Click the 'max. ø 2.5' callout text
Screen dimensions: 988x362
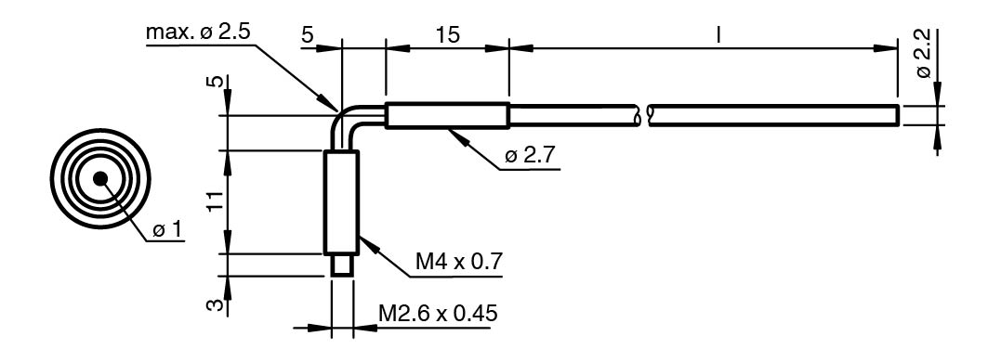[x=197, y=32]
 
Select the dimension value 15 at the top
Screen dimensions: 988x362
[x=447, y=35]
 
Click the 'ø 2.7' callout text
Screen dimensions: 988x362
[x=531, y=155]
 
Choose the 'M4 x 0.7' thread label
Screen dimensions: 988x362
[x=459, y=260]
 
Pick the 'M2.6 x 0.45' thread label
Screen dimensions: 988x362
[x=438, y=312]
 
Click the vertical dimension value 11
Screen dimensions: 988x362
[x=215, y=201]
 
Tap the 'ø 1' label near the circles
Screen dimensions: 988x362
[x=167, y=230]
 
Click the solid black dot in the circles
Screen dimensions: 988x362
[x=100, y=179]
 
